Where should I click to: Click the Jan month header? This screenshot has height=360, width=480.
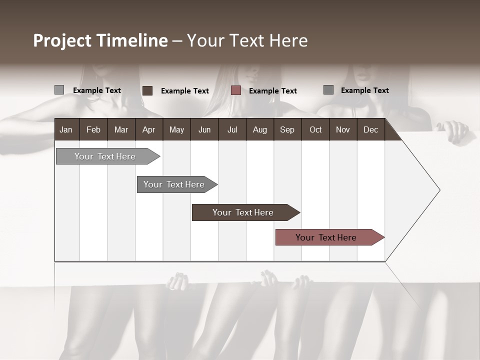coord(66,130)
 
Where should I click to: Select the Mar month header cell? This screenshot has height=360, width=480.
coord(121,130)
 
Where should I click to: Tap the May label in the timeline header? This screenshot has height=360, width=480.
coord(176,130)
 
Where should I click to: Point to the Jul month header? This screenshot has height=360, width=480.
coord(232,130)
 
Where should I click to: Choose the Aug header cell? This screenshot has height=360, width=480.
coord(259,130)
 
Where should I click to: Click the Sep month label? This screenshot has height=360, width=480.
coord(287,130)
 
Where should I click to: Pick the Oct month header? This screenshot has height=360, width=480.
coord(315,130)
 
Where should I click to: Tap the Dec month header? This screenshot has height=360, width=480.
coord(370,130)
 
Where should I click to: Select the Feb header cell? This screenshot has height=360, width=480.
coord(93,130)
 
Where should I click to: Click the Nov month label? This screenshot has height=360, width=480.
coord(342,130)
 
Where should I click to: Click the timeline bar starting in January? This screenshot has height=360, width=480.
coord(105,156)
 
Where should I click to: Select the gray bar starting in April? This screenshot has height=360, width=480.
coord(174,184)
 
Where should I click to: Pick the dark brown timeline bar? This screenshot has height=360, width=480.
coord(243,212)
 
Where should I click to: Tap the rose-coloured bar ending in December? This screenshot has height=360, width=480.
coord(326,237)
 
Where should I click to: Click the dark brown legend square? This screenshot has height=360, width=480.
coord(147,90)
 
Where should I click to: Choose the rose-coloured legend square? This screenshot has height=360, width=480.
coord(236,90)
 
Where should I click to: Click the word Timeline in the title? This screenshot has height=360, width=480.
coord(132,40)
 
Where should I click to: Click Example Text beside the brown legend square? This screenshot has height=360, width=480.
coord(185,91)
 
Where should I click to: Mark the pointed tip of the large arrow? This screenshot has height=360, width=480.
coord(439,190)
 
